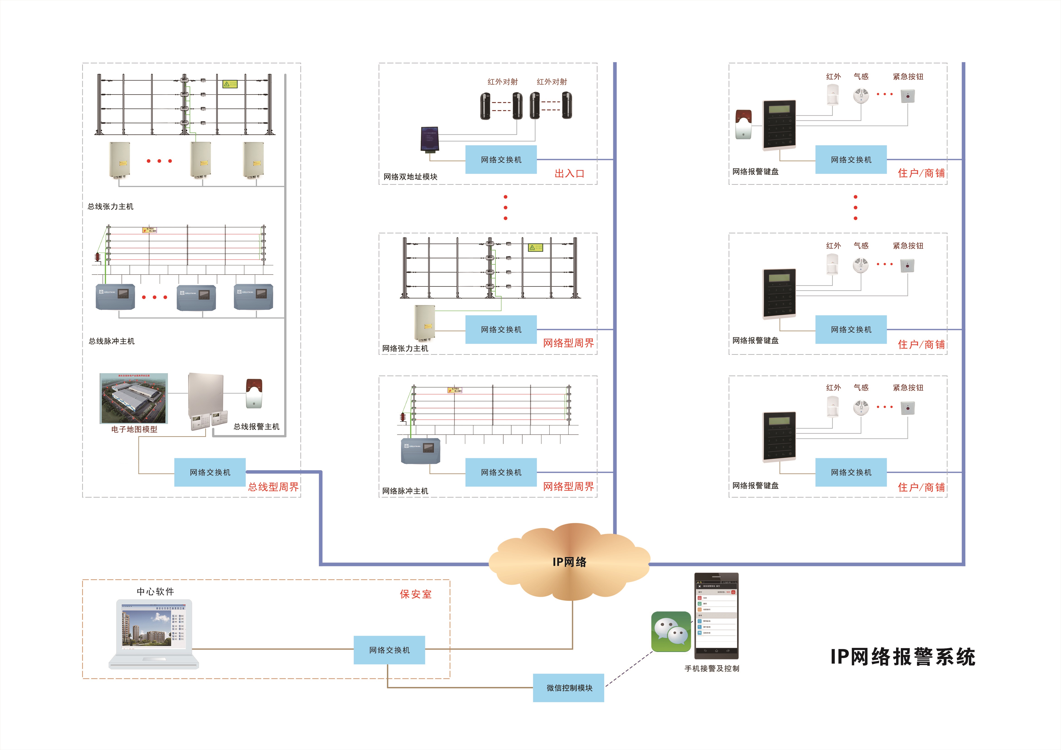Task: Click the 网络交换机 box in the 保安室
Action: coord(389,650)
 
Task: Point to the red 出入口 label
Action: coord(569,174)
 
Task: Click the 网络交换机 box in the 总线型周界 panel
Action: coord(210,472)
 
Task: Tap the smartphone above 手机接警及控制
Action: coord(716,616)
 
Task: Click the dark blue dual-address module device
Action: coord(429,139)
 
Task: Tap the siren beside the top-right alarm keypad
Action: coord(743,124)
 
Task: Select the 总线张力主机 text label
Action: coord(110,207)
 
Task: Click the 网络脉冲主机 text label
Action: coord(405,491)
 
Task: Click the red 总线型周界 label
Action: coord(273,487)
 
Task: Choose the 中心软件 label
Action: coord(155,592)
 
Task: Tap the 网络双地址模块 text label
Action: coord(410,177)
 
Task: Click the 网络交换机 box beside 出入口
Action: coord(501,159)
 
